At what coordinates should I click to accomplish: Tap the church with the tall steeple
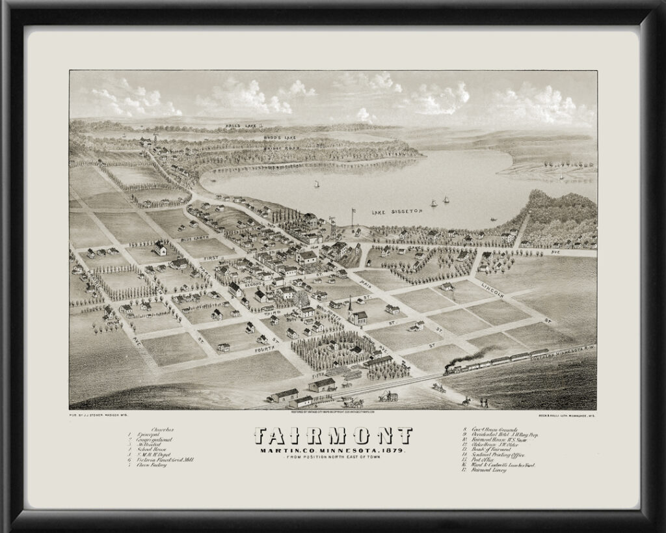click(352, 312)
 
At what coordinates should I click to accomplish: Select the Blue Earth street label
click(196, 238)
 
